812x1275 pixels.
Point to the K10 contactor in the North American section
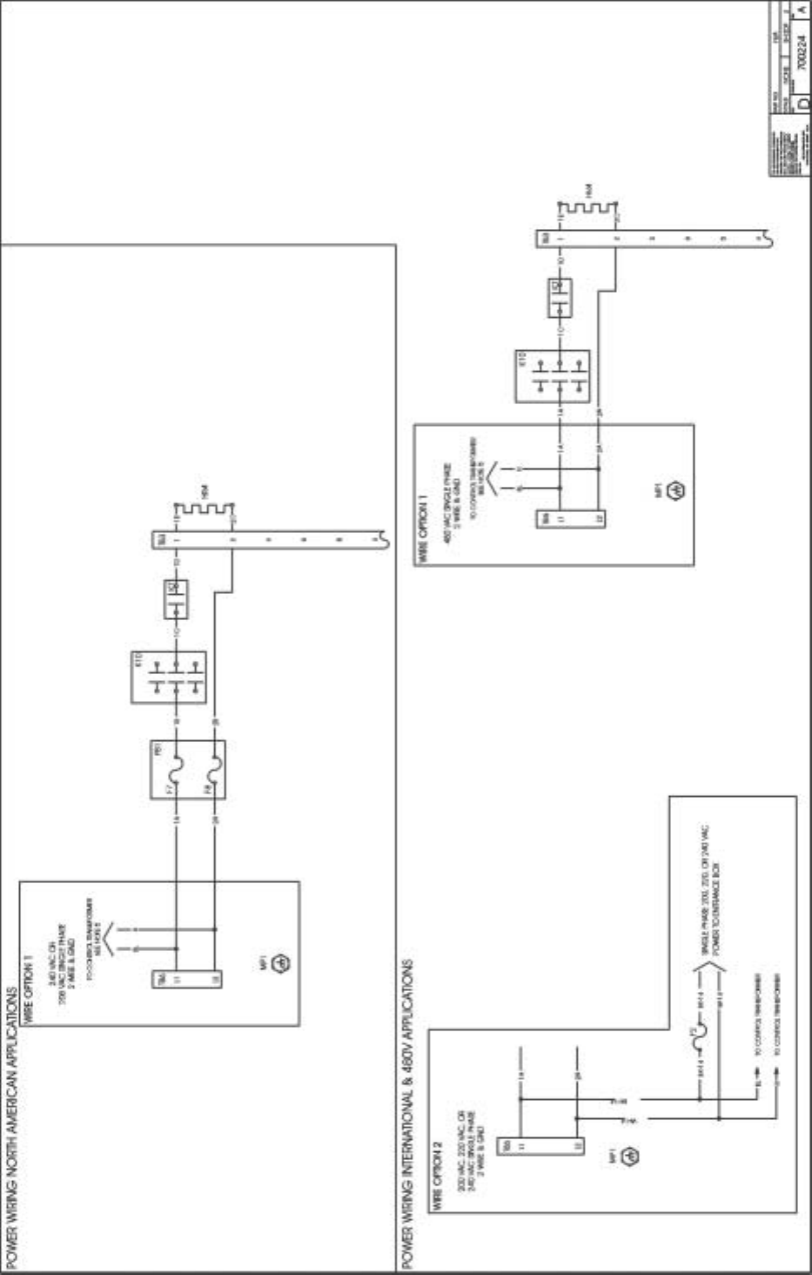(x=169, y=677)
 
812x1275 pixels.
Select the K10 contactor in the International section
(x=553, y=376)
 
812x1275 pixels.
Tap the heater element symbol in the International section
(x=587, y=209)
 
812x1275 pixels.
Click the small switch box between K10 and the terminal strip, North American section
(x=176, y=599)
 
